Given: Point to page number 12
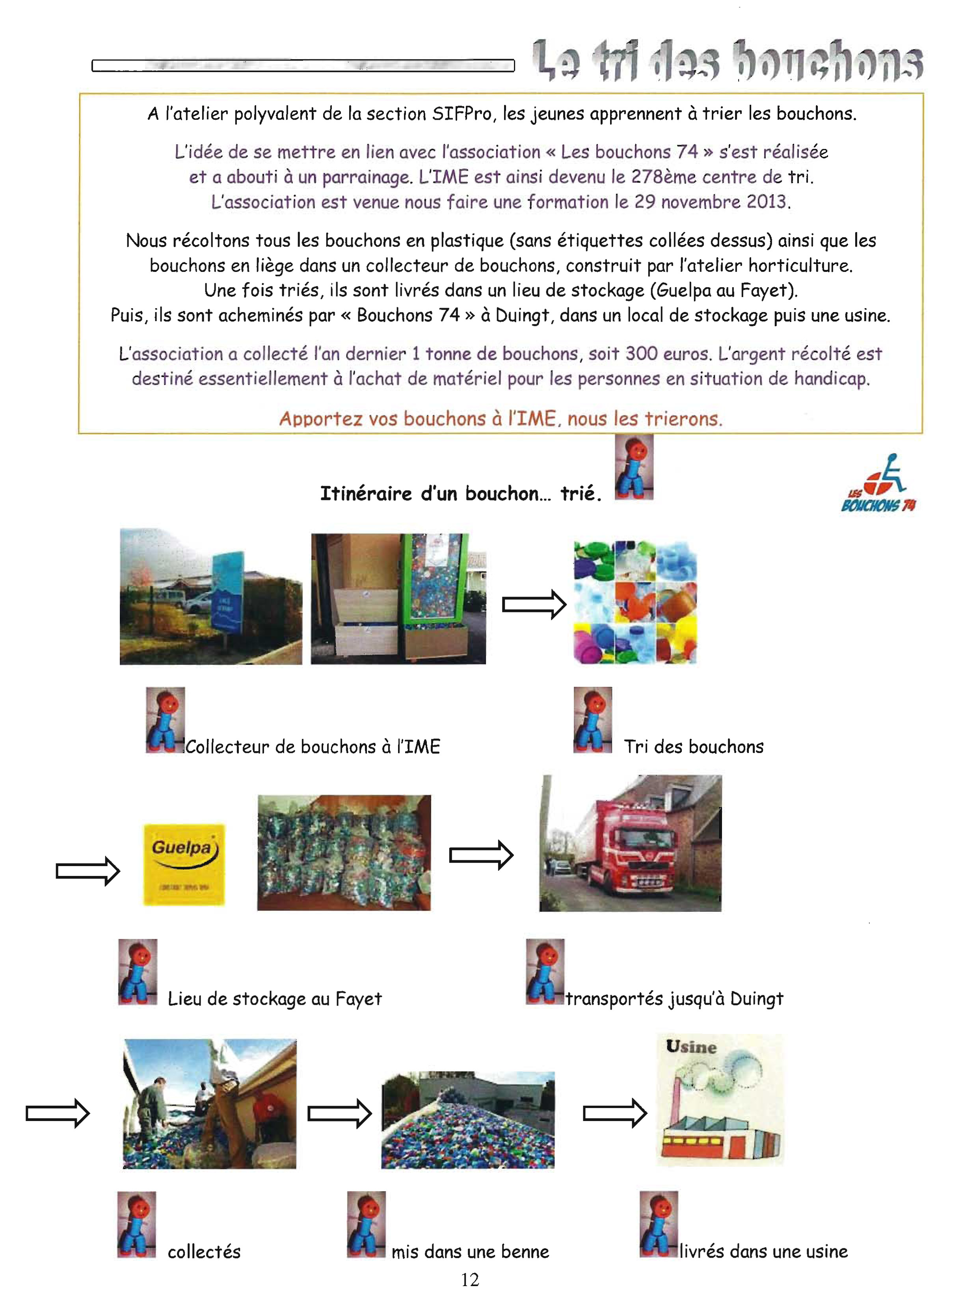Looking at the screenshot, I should click(470, 1279).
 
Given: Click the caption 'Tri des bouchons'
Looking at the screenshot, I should click(693, 746).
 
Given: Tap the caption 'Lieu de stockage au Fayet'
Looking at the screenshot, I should click(274, 998).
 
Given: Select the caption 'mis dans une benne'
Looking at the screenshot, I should click(470, 1251).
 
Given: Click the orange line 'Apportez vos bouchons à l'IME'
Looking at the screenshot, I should click(501, 418).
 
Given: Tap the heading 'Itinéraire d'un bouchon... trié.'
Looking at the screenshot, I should click(460, 494).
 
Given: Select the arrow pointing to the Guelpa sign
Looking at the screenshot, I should click(87, 870).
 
